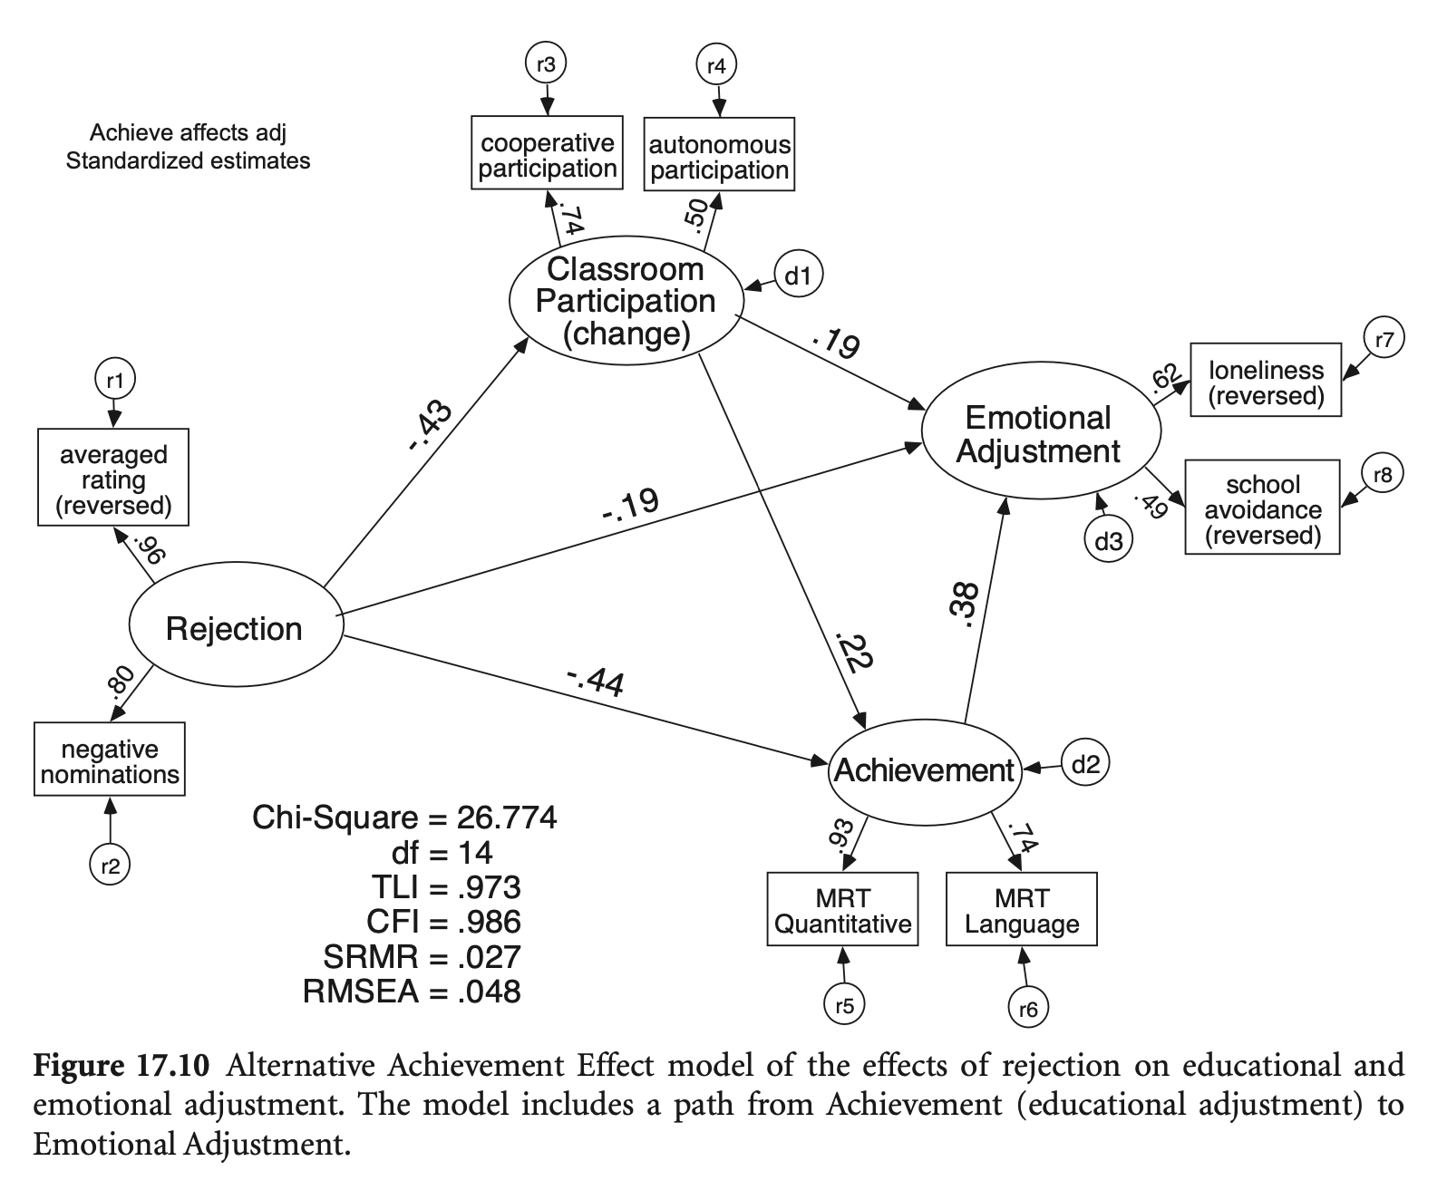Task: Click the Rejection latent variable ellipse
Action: point(233,628)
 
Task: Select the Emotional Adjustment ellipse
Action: point(1040,434)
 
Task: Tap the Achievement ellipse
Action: point(924,770)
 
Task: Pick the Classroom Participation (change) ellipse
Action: point(626,301)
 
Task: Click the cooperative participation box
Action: point(547,153)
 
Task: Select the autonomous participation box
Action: point(719,155)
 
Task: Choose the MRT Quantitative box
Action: point(842,910)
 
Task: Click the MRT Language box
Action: point(1021,910)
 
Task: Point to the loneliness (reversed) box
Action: point(1265,381)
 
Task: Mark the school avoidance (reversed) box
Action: point(1262,508)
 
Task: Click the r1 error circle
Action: point(114,380)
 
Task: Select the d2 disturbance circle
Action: point(1084,765)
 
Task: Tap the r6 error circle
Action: point(1027,1009)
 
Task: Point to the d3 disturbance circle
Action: point(1107,542)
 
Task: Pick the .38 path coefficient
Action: point(966,605)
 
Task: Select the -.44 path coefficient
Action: point(595,682)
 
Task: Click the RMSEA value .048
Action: point(490,992)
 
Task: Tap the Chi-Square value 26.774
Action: point(507,818)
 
